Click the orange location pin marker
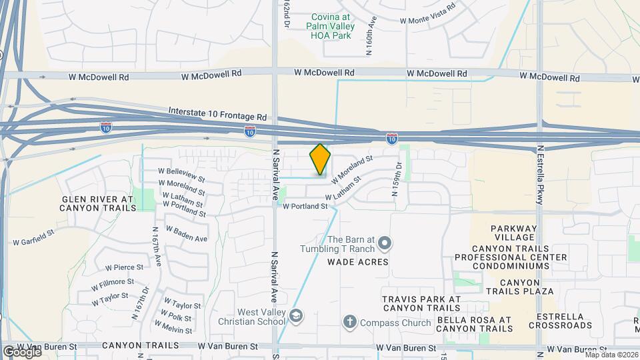click(321, 159)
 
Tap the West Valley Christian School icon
click(296, 315)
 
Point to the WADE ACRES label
click(357, 262)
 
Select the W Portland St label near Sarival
click(305, 207)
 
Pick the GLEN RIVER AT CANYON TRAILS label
click(99, 203)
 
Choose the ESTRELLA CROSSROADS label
click(560, 321)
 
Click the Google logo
click(21, 351)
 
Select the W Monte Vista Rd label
click(427, 13)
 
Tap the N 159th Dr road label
click(397, 181)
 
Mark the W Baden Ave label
click(187, 234)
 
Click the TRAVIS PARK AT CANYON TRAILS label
click(421, 303)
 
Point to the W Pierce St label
click(119, 268)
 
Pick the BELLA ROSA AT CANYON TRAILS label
click(474, 325)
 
